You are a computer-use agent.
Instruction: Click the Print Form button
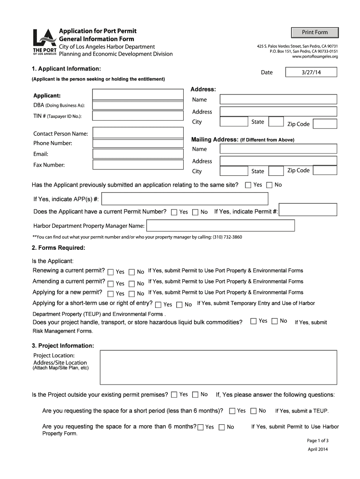coord(315,32)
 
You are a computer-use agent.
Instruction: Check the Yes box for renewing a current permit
coord(111,272)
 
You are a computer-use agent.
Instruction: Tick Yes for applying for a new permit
coord(111,294)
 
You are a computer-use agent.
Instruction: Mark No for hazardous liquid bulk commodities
coord(274,321)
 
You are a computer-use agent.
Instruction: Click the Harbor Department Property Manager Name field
coord(220,226)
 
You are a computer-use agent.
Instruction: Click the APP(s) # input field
coord(185,199)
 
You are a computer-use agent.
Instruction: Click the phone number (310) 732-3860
coord(228,237)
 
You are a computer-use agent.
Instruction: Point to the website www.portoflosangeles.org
coord(315,57)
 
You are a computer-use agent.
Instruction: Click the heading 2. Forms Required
coord(58,248)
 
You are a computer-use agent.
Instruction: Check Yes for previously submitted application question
coord(248,185)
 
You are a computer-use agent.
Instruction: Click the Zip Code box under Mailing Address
coord(324,170)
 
